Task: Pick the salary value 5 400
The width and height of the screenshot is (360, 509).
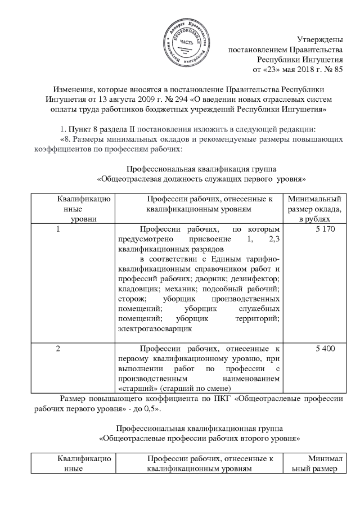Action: point(326,349)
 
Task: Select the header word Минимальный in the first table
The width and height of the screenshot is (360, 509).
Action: point(314,199)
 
